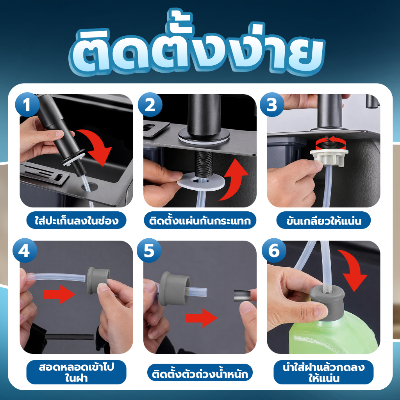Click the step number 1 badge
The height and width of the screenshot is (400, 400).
[x=27, y=105]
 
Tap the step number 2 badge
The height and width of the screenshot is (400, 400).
[x=150, y=105]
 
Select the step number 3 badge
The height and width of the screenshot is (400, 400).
[x=272, y=105]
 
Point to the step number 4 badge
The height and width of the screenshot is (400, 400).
[x=25, y=250]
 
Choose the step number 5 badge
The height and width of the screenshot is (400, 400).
[x=149, y=250]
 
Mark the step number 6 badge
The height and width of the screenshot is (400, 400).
[x=274, y=250]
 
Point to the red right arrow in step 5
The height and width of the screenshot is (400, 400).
[x=202, y=318]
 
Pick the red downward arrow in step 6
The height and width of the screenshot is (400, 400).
[x=353, y=269]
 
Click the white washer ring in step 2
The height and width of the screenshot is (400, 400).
[x=201, y=181]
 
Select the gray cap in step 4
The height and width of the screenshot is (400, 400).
[x=98, y=280]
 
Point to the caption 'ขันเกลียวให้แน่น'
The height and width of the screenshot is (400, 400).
[x=323, y=220]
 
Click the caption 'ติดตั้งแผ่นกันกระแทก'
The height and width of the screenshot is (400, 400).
[x=200, y=220]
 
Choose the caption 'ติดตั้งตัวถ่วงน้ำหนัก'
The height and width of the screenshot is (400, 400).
[x=200, y=373]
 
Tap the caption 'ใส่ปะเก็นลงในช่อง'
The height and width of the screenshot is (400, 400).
[x=76, y=220]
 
